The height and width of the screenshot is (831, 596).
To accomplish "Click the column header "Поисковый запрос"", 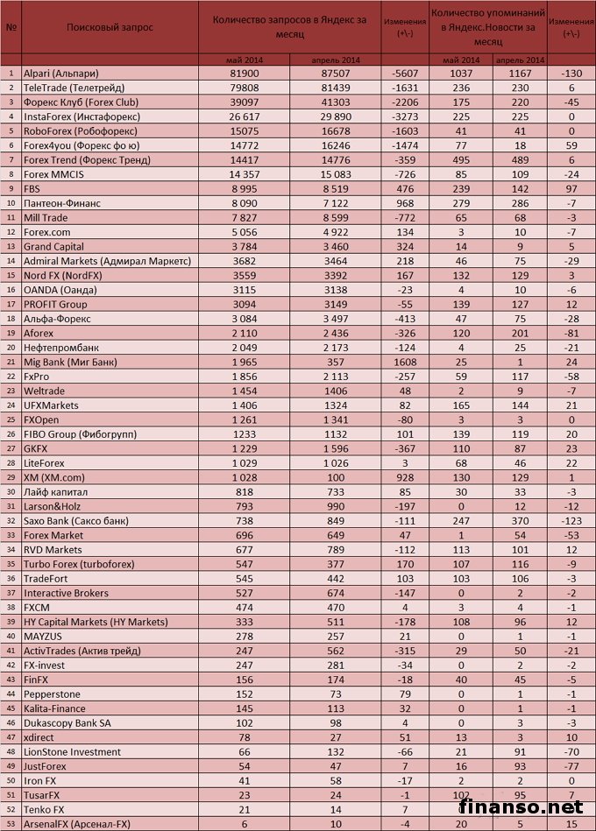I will tap(110, 27).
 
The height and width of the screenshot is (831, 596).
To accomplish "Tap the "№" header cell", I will tap(11, 27).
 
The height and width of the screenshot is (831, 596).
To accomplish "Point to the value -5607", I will tap(405, 74).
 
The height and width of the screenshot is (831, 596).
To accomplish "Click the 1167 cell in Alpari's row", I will tap(519, 74).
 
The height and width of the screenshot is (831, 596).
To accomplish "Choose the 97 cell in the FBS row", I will tap(571, 188).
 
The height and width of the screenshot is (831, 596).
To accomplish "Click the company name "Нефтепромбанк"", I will tap(62, 348).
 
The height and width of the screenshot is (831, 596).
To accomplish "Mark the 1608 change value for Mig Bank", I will tap(405, 362).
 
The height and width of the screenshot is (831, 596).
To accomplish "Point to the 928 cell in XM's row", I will tap(405, 477).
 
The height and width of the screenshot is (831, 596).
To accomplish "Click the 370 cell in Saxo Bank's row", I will tap(519, 520).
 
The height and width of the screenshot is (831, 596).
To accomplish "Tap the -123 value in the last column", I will tap(571, 520).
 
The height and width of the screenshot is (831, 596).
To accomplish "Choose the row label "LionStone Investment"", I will tap(73, 751).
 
